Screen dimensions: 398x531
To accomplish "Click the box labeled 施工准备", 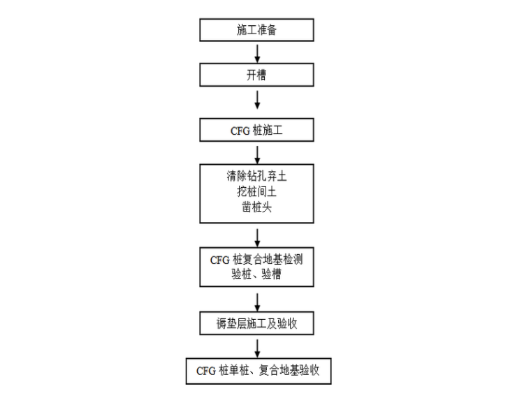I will click(x=257, y=30).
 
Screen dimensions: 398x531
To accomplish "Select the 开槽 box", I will click(x=257, y=75).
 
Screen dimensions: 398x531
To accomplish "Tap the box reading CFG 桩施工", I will click(x=257, y=130).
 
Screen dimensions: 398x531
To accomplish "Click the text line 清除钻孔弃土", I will click(x=257, y=177).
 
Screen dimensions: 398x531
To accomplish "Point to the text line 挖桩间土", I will click(x=257, y=191).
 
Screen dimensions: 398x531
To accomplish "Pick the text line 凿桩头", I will click(x=257, y=205).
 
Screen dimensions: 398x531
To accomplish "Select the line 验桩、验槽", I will click(x=257, y=274).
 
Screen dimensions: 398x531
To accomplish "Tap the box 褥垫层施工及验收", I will click(x=257, y=323).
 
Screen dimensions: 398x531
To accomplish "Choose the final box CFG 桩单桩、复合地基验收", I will click(x=257, y=370).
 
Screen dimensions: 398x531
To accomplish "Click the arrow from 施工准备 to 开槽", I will click(x=258, y=52).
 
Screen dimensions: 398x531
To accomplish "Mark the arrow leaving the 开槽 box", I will click(x=258, y=99).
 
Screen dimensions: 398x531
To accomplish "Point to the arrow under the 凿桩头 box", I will click(x=258, y=237).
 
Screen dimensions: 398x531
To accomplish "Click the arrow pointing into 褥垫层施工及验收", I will click(x=258, y=301).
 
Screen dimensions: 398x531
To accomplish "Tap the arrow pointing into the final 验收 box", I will click(x=258, y=347).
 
